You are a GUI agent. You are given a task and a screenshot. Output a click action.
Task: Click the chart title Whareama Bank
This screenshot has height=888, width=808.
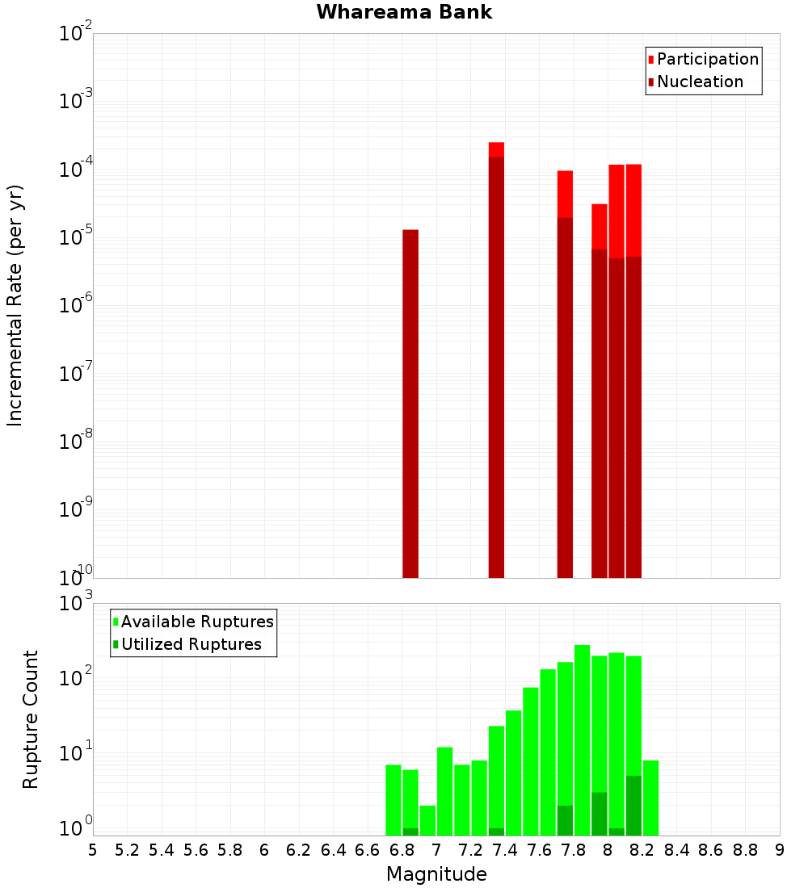(x=404, y=12)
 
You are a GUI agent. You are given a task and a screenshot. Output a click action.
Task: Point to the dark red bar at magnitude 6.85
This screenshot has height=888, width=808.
(x=410, y=404)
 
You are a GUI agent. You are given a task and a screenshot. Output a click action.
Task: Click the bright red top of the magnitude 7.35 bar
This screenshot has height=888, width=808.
(x=496, y=149)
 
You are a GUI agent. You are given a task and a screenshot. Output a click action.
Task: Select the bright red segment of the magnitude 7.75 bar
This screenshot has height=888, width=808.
(x=565, y=194)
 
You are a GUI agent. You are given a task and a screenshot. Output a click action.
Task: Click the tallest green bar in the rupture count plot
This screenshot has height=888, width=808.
(x=582, y=727)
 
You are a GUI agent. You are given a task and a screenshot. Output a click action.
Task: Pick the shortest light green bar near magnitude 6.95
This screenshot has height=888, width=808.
(x=427, y=819)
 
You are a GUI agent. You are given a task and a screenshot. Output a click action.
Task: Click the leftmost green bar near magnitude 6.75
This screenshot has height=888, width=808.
(x=393, y=799)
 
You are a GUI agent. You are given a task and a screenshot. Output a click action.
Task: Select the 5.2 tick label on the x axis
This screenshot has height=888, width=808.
(x=127, y=850)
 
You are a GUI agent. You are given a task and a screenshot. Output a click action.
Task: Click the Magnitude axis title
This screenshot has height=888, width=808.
(x=436, y=874)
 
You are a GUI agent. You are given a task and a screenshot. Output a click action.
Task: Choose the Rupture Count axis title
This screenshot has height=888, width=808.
(x=31, y=719)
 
